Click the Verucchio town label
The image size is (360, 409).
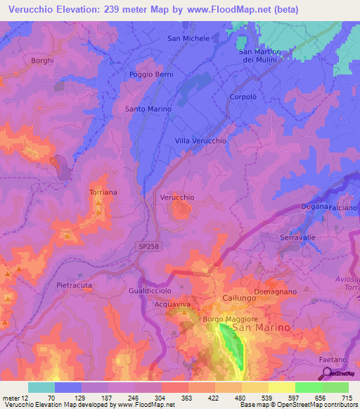pos(177,197)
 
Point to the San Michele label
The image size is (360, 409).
pos(188,39)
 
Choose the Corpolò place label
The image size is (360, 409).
pos(241,97)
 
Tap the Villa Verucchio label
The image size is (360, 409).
pos(200,141)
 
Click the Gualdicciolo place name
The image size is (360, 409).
pos(150,290)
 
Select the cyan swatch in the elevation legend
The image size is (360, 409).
pos(41,387)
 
